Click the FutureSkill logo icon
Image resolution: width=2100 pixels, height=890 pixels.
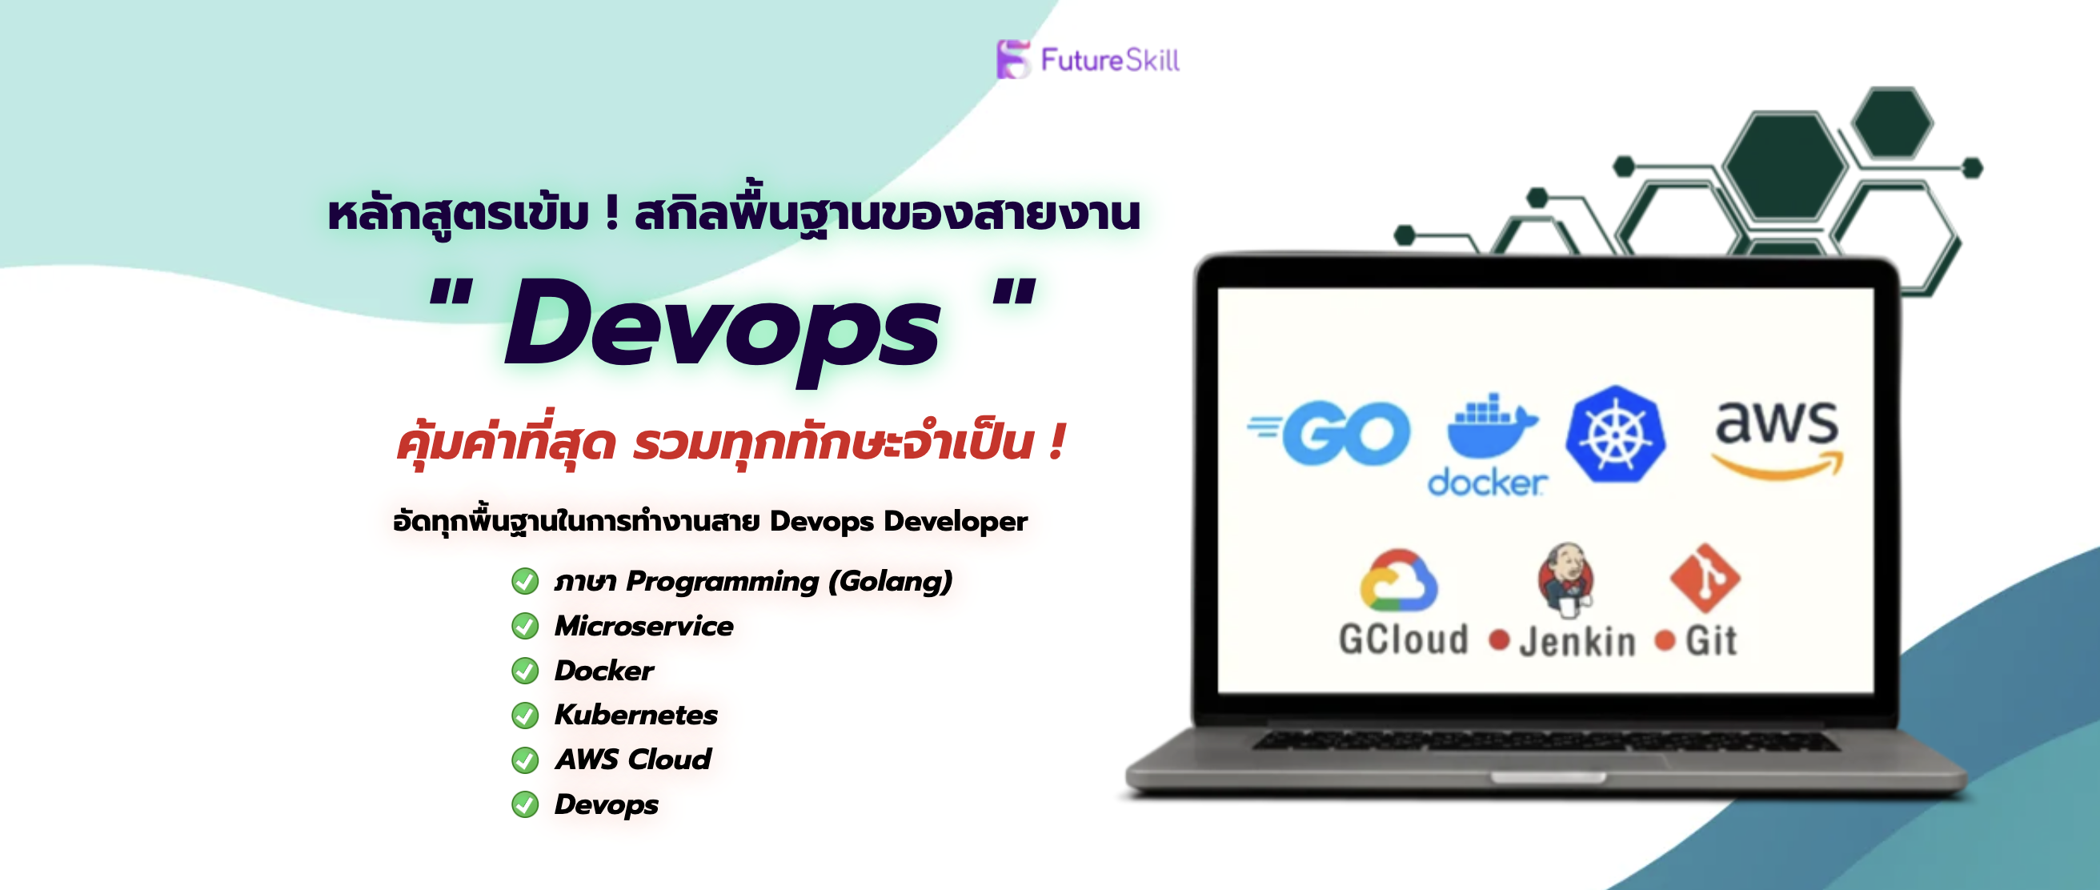coord(1012,59)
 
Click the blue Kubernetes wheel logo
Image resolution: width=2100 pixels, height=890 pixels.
coord(1615,435)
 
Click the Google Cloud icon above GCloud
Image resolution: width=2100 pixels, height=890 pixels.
coord(1397,579)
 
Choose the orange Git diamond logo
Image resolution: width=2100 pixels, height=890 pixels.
coord(1705,578)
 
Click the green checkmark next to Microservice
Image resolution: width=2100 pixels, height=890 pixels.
coord(525,626)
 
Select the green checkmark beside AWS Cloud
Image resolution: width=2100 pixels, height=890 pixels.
coord(525,760)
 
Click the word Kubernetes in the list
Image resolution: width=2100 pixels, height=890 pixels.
coord(636,715)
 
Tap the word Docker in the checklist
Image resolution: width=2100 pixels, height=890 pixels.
coord(604,671)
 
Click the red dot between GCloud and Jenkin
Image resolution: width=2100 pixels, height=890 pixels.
coord(1498,639)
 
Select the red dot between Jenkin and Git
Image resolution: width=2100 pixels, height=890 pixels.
coord(1665,640)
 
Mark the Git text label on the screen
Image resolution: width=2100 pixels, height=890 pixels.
coord(1711,640)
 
